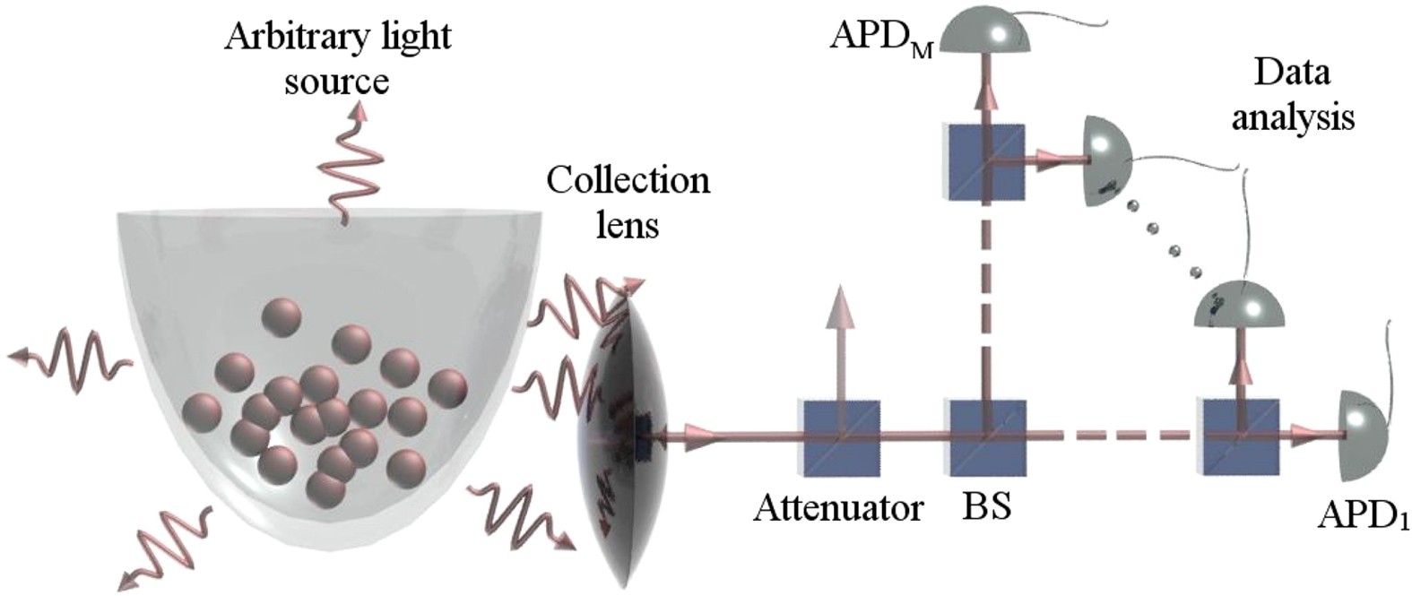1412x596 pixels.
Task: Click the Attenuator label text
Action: pos(837,508)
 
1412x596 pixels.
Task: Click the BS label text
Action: pos(987,508)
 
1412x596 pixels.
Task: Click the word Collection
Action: pos(628,180)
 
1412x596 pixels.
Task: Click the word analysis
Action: pos(1291,117)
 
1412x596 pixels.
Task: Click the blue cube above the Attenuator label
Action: pos(840,436)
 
